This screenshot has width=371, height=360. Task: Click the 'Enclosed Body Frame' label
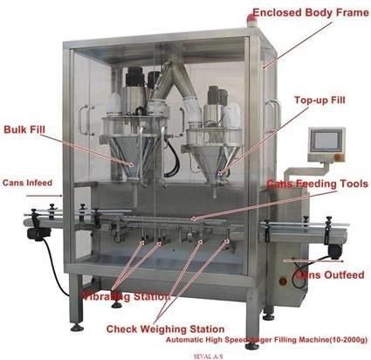311,12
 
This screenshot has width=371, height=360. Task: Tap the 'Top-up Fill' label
319,100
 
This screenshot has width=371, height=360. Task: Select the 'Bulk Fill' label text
24,129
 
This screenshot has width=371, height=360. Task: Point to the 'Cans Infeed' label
27,183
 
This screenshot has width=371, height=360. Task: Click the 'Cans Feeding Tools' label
318,183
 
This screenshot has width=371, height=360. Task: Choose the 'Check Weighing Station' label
165,329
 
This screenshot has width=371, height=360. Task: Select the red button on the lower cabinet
283,281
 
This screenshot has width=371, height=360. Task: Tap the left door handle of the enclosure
85,120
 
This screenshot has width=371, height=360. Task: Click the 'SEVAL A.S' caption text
208,356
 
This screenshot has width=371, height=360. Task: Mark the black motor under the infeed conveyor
38,234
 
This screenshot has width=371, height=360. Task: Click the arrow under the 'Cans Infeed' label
45,196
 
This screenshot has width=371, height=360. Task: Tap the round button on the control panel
338,157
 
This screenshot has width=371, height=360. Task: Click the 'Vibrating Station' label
126,296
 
